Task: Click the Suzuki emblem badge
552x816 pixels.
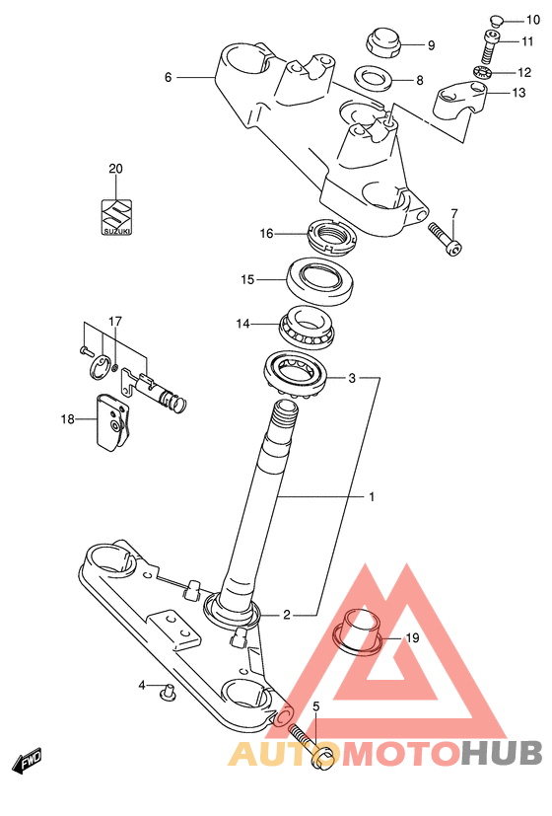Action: [116, 216]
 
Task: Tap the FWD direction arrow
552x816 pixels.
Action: [30, 760]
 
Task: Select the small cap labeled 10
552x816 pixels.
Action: [497, 21]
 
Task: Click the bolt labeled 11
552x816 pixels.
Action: [490, 46]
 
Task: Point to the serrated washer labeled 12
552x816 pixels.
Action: [482, 72]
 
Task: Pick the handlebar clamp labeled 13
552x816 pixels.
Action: [460, 100]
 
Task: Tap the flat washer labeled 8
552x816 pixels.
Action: [374, 78]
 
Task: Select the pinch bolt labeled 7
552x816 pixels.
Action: [445, 239]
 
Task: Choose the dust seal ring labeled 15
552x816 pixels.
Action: [321, 280]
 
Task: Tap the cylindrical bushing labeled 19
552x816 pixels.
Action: [358, 631]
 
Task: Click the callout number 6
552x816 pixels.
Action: [168, 78]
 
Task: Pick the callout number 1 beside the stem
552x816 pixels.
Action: [372, 497]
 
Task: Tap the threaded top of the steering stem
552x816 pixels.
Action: [284, 415]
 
